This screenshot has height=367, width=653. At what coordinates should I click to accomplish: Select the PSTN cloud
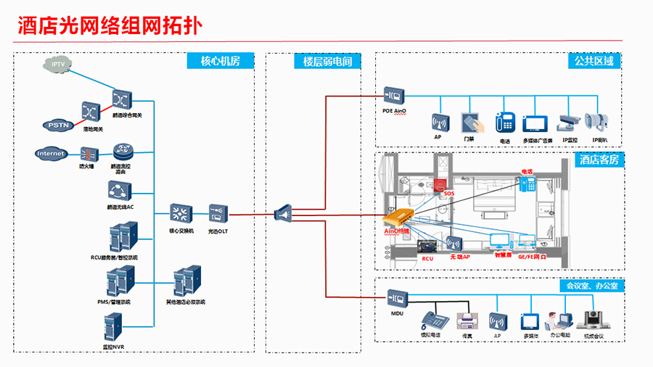57,125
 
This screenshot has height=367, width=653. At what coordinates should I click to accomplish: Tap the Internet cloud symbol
51,154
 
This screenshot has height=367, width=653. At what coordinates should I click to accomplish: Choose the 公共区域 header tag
594,61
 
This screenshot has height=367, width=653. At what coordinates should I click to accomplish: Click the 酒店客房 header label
599,160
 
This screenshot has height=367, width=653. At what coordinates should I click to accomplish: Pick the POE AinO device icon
393,95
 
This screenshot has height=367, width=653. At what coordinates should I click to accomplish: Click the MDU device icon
397,297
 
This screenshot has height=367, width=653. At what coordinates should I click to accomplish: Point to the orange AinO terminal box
399,218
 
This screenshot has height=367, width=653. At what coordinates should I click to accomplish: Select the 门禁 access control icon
469,122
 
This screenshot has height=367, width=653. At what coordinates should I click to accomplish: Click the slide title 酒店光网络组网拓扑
109,27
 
